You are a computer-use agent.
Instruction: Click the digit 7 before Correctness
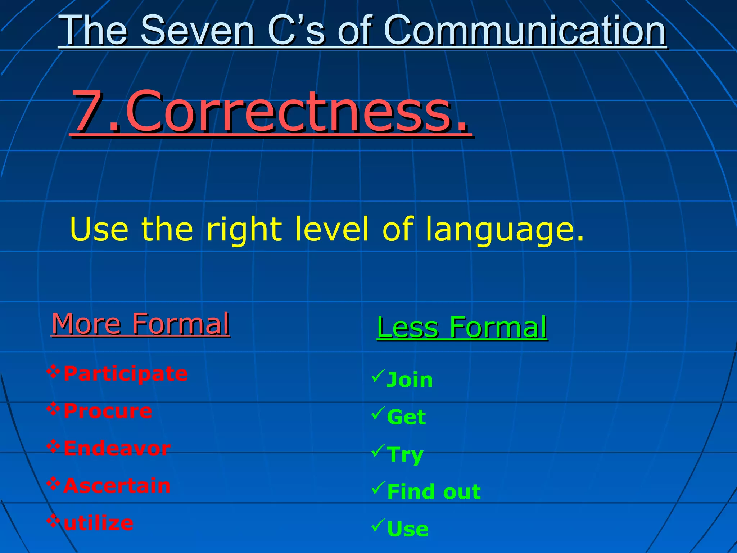pos(88,111)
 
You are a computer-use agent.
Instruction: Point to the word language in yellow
pos(504,230)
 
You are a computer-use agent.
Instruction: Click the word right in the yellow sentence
pos(244,230)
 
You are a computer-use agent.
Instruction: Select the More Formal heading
pos(140,324)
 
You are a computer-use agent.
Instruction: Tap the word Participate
pos(125,373)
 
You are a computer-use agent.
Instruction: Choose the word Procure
pos(108,411)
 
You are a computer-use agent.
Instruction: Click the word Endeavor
pos(117,448)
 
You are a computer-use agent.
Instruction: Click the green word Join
pos(410,380)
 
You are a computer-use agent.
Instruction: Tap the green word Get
pos(406,417)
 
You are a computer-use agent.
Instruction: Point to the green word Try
pos(405,455)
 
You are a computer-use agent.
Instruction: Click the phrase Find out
pos(434,492)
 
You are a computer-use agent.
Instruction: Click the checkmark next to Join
pos(378,376)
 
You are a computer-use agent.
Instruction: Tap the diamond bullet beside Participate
pos(53,372)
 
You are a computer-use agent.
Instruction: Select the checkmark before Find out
pos(378,488)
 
